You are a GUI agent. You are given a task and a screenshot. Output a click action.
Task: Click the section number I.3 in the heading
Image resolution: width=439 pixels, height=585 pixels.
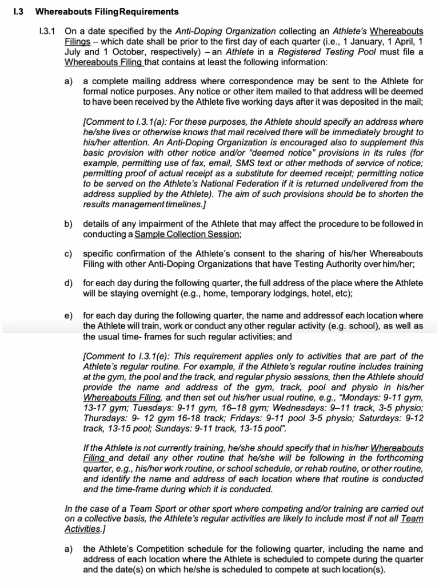(18, 11)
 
